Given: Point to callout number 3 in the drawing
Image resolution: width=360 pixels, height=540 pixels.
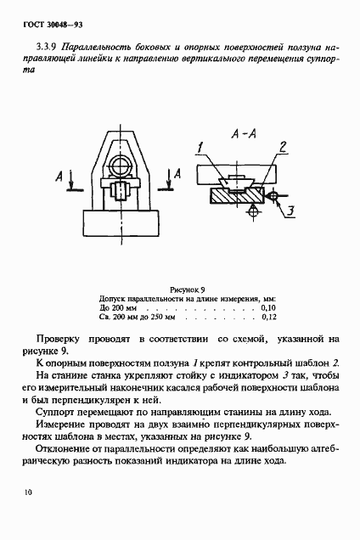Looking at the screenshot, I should (x=289, y=209).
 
